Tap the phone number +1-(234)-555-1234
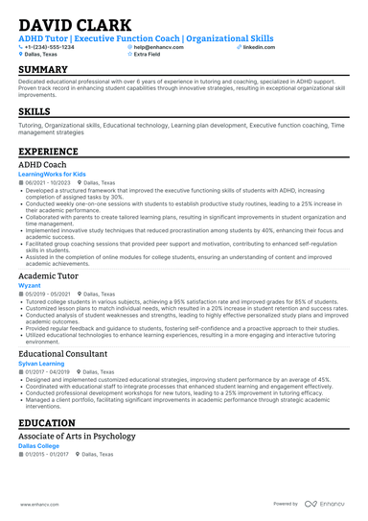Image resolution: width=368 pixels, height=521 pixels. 50,46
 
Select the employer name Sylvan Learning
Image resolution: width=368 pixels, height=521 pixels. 43,364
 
